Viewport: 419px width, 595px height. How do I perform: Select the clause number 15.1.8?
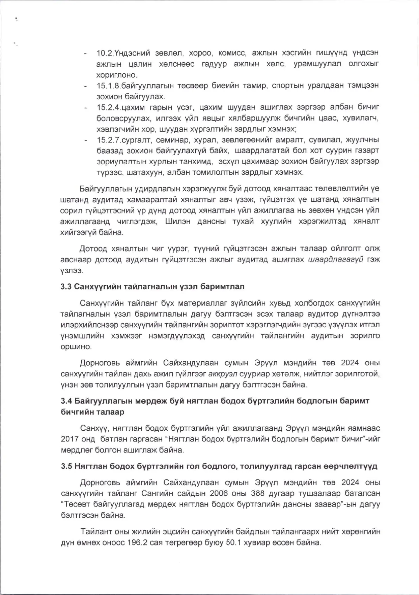(109, 86)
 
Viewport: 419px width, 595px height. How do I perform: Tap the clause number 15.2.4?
(109, 107)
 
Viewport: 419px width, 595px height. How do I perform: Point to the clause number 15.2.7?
(109, 140)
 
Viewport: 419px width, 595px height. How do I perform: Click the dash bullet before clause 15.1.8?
(86, 86)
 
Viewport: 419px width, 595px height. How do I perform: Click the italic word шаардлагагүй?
(336, 260)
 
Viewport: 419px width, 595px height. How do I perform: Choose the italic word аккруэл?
(223, 373)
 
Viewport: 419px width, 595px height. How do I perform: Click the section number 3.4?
(66, 401)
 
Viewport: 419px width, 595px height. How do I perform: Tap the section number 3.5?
(66, 466)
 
